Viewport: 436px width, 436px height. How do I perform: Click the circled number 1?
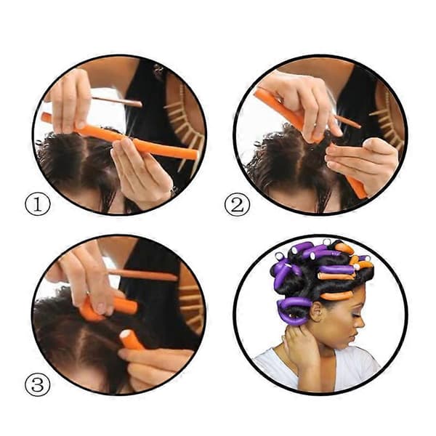(x=38, y=204)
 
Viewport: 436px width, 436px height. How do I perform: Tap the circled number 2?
(x=237, y=204)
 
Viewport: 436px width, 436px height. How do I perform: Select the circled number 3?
(x=38, y=384)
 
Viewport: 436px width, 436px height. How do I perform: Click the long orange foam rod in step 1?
(x=120, y=137)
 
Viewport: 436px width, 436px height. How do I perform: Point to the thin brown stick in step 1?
(x=117, y=102)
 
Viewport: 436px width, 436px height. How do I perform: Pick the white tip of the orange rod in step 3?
(x=125, y=334)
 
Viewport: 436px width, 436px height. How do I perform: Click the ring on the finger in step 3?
(x=87, y=294)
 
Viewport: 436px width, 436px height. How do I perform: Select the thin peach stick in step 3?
(x=142, y=275)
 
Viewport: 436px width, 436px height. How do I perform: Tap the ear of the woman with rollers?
(x=318, y=311)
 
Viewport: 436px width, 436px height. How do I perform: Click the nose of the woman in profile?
(x=360, y=324)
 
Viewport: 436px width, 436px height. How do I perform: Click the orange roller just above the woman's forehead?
(x=337, y=295)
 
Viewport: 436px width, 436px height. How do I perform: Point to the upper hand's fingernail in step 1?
(x=81, y=124)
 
